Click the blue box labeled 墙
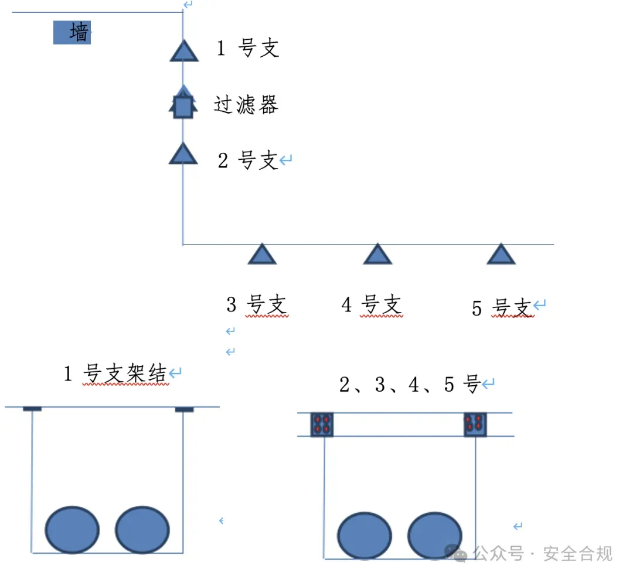[x=72, y=33]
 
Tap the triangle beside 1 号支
[x=184, y=52]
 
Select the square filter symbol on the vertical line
[x=183, y=107]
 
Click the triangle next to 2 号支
[x=183, y=154]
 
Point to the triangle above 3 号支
[x=261, y=255]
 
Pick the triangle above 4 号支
[x=377, y=255]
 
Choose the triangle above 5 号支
[x=501, y=255]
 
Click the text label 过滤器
[x=246, y=105]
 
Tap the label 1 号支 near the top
[x=248, y=49]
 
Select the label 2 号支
[x=248, y=160]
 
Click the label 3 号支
[x=257, y=305]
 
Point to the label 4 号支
[x=372, y=305]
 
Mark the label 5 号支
[x=502, y=307]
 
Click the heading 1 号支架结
[x=116, y=374]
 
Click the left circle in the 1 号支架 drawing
[x=72, y=530]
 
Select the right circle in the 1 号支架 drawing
[x=142, y=530]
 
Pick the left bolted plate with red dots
[x=322, y=424]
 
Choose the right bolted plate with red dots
[x=475, y=424]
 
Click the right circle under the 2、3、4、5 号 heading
[x=435, y=536]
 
